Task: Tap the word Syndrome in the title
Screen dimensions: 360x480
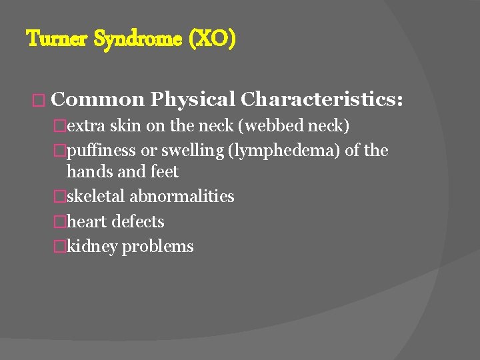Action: pos(138,39)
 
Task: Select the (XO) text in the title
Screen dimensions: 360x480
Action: pos(213,39)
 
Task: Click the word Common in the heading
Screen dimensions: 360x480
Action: pos(97,99)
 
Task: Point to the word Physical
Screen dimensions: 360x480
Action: pos(192,99)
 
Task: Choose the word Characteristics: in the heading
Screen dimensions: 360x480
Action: pos(322,99)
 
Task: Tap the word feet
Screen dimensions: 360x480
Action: pos(165,171)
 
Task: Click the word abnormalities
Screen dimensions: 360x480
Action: pos(182,197)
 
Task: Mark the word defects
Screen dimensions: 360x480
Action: pos(138,221)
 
